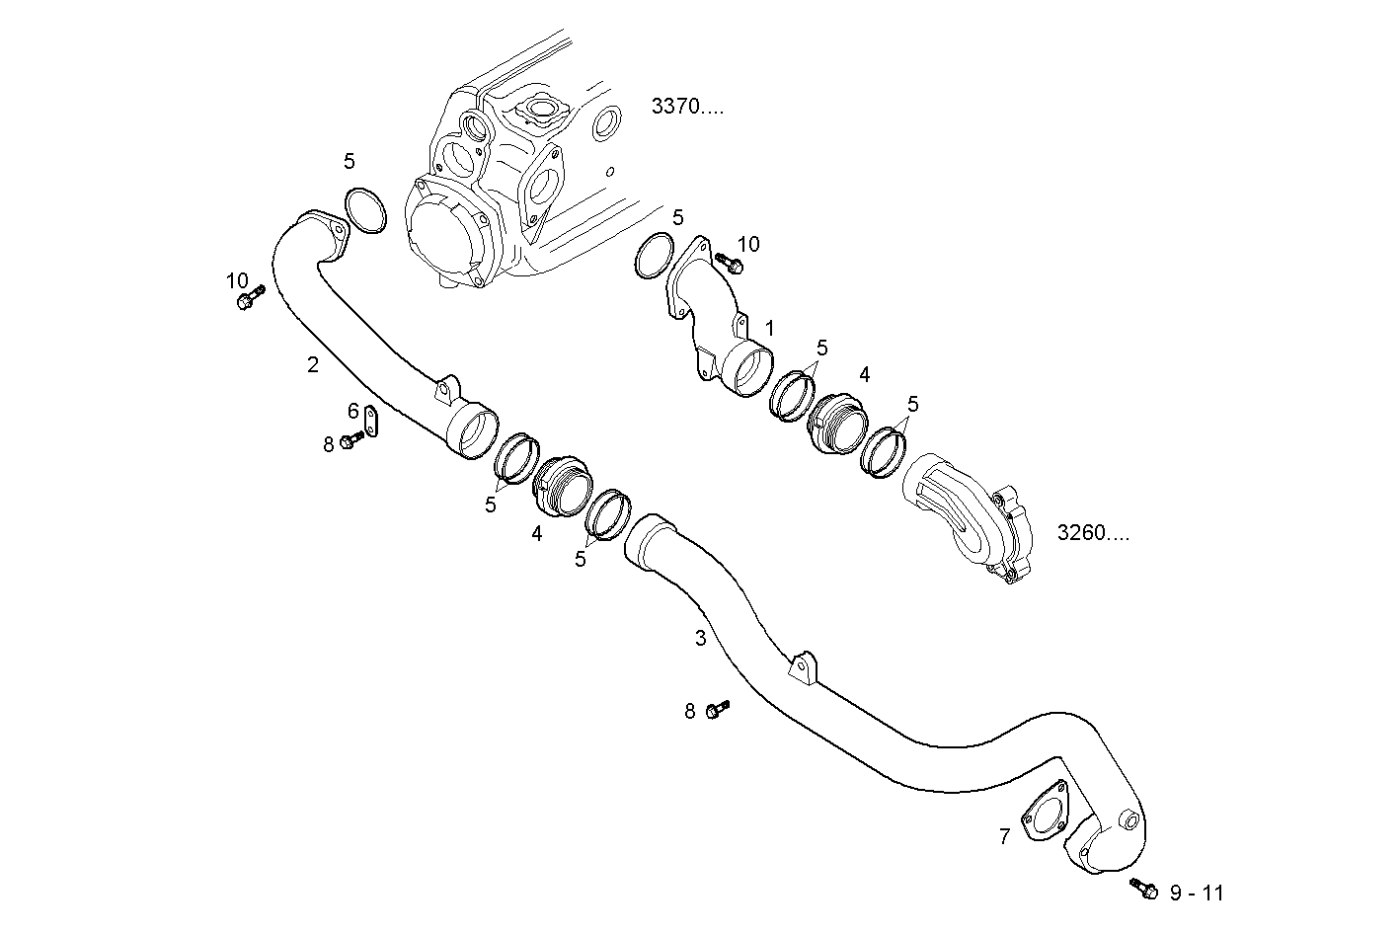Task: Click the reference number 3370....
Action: [x=687, y=107]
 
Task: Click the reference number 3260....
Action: [x=1092, y=533]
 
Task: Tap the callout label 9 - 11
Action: [x=1196, y=894]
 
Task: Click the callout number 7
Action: [x=1004, y=837]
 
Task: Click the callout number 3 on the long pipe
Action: [x=700, y=638]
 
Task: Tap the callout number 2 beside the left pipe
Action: [x=313, y=364]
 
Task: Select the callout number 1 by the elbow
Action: [x=770, y=328]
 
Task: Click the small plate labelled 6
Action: [x=371, y=421]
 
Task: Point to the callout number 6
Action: [x=352, y=410]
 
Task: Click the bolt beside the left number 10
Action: [x=250, y=298]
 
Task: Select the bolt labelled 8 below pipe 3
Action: [x=718, y=709]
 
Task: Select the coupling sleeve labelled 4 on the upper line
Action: [x=835, y=422]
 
